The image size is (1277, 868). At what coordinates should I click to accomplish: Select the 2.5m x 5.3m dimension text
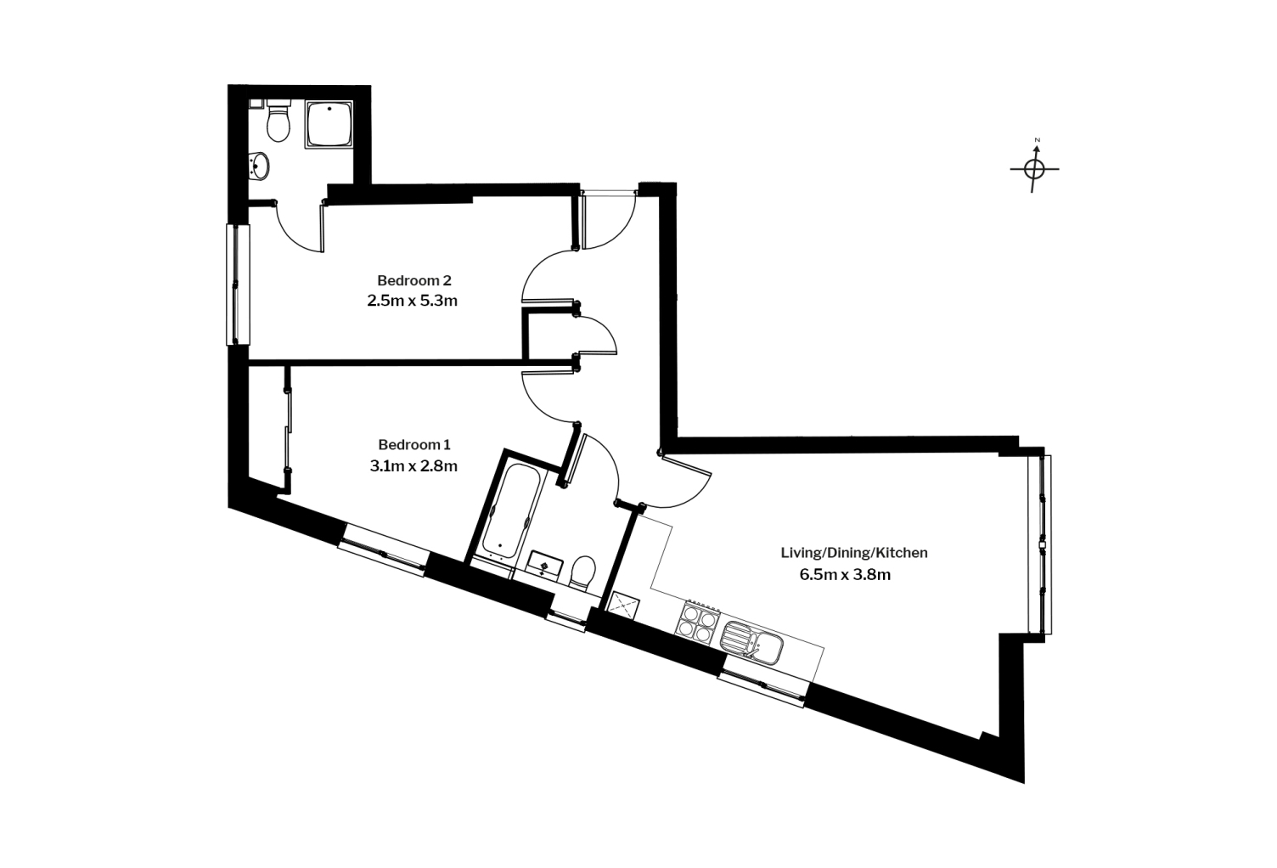pyautogui.click(x=412, y=300)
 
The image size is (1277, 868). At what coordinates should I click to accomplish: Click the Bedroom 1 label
pyautogui.click(x=413, y=445)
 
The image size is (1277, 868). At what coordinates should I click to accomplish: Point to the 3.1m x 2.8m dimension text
pyautogui.click(x=413, y=465)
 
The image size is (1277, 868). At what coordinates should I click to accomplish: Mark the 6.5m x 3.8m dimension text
pyautogui.click(x=844, y=574)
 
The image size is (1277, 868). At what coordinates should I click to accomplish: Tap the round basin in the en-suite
pyautogui.click(x=260, y=165)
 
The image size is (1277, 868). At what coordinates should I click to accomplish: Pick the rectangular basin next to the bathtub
pyautogui.click(x=543, y=563)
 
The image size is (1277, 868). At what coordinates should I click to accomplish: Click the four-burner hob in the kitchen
pyautogui.click(x=699, y=623)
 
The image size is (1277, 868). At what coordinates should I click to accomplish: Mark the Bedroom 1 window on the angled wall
pyautogui.click(x=383, y=550)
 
